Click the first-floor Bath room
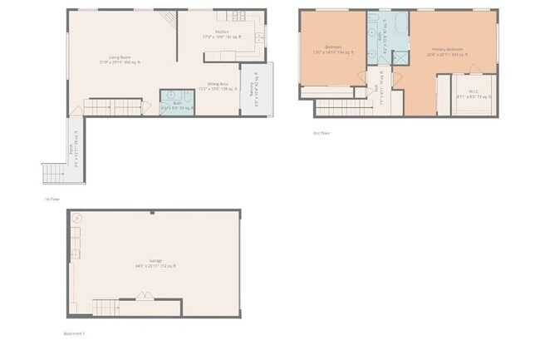[176, 102]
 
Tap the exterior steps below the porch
[52, 174]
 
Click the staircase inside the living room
[111, 106]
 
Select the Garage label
[155, 263]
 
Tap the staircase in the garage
[108, 308]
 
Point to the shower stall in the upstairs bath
[400, 57]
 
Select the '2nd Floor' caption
[321, 132]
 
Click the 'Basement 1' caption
[75, 333]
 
